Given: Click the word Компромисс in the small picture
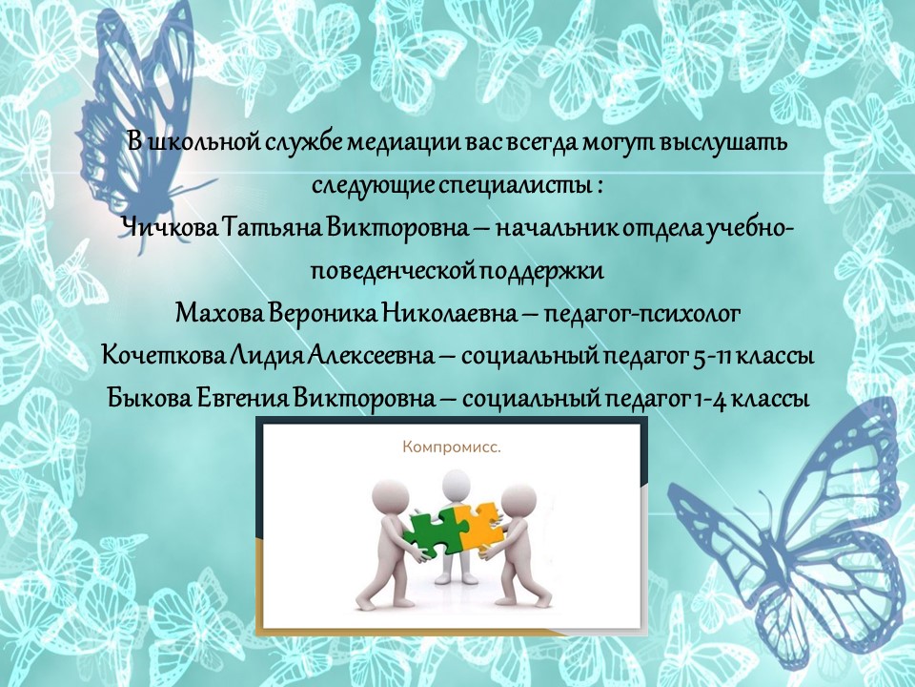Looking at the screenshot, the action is (x=451, y=448).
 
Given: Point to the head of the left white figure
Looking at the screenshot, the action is (x=389, y=495).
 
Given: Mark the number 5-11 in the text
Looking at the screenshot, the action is (x=711, y=356).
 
